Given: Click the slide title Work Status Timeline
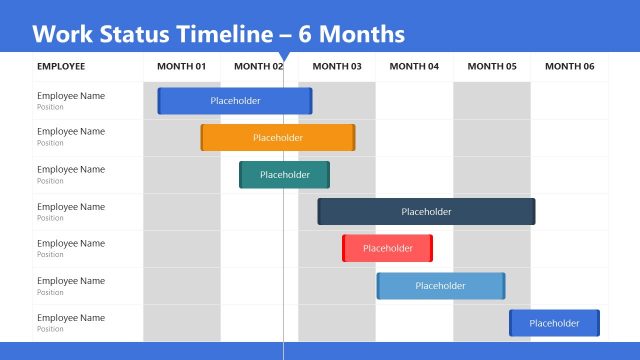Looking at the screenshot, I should [218, 34].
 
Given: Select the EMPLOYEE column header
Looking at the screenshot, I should [61, 67].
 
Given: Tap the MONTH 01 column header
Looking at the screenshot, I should [181, 67].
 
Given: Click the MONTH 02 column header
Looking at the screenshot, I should [258, 67].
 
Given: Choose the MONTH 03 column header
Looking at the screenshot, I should [337, 67].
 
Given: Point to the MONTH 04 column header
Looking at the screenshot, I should [414, 67].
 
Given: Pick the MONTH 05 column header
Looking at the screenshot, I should [492, 67].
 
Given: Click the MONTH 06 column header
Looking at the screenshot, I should [569, 67].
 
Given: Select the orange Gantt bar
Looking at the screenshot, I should [278, 138].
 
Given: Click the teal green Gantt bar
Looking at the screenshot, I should [284, 175].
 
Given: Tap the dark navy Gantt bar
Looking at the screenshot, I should [426, 212].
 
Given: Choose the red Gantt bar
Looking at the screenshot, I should [387, 248].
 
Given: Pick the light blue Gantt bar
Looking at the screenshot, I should [440, 286].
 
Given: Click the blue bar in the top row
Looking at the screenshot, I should [235, 101].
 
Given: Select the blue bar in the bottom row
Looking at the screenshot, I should [554, 323].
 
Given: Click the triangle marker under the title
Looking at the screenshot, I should [284, 57].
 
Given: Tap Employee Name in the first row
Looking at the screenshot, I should [71, 96].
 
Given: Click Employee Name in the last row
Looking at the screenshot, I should [71, 318].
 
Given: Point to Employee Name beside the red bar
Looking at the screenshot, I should [71, 244].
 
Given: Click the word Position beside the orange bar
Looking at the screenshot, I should [50, 143].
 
